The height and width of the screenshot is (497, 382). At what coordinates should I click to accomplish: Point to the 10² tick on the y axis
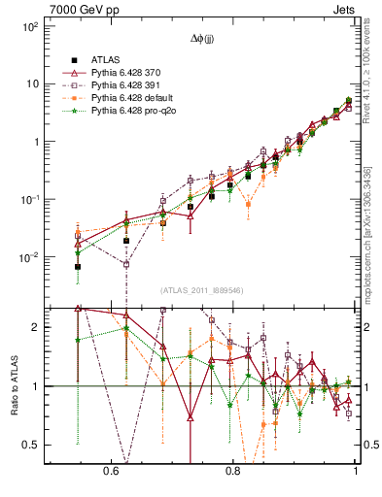(29, 26)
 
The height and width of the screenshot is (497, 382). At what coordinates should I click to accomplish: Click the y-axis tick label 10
(32, 83)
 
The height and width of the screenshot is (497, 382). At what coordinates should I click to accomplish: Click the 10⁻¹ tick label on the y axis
(29, 199)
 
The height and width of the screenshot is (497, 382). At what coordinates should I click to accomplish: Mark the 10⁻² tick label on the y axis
(29, 257)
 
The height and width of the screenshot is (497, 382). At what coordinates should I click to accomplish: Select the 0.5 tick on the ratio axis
(30, 445)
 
